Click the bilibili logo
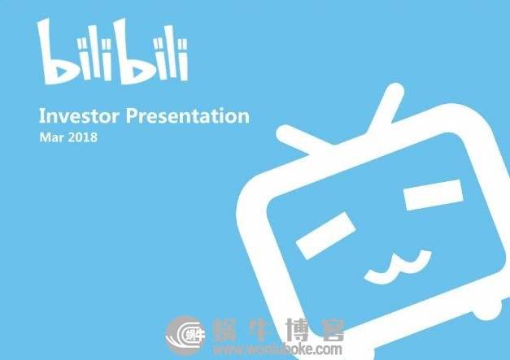pos(113,52)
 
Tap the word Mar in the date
pos(50,137)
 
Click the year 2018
pos(82,137)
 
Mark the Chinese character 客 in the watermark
pos(332,329)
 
